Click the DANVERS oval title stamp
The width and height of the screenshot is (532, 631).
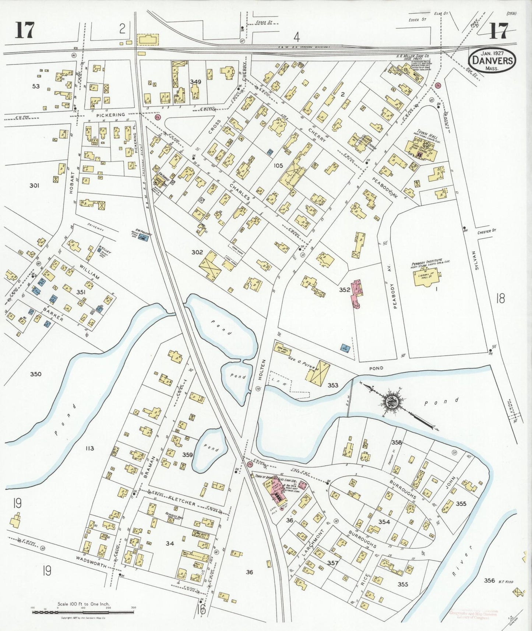[x=492, y=60]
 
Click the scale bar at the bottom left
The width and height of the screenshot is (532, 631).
[x=83, y=612]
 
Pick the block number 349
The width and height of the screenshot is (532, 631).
[x=195, y=81]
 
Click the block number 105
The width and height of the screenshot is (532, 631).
[x=278, y=166]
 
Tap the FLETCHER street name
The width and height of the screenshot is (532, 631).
[x=181, y=501]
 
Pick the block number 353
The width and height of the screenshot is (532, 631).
[x=333, y=385]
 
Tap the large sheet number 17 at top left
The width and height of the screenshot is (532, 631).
[x=25, y=31]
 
